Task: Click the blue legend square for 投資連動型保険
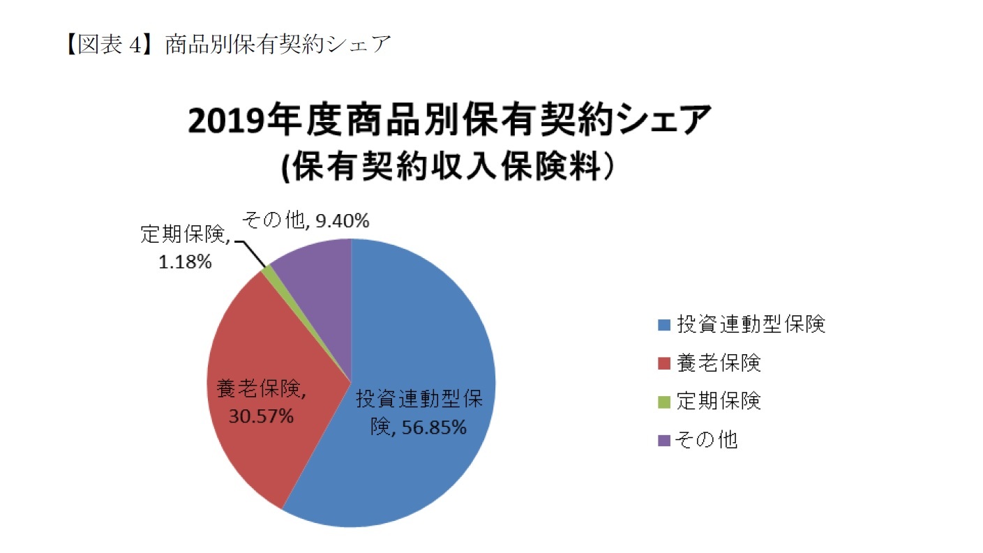click(663, 325)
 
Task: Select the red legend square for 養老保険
click(663, 363)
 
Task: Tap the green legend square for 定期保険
click(663, 402)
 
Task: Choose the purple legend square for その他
click(663, 440)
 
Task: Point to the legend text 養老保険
click(719, 363)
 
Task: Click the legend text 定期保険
click(719, 402)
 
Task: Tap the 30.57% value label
click(261, 416)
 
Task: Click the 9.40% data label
click(342, 222)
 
